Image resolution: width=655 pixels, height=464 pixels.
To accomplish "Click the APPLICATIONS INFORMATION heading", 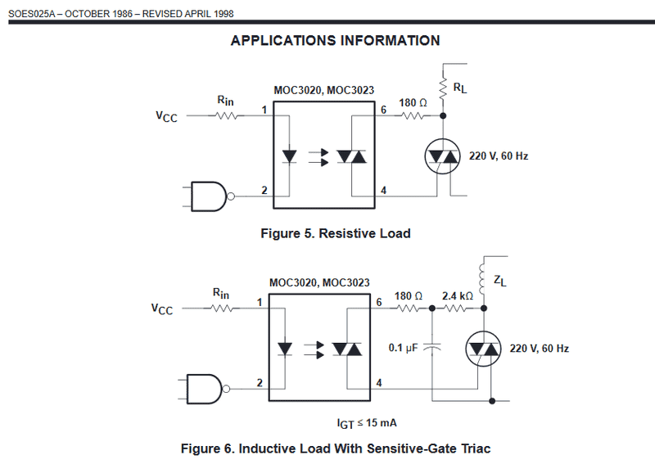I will point(335,40).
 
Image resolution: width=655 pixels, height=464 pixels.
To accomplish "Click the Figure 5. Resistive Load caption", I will point(335,233).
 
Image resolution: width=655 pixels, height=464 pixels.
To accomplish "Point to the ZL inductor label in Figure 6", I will point(499,281).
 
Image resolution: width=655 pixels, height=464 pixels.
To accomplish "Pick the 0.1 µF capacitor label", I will point(404,348).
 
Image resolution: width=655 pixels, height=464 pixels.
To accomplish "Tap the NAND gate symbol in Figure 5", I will point(209,196).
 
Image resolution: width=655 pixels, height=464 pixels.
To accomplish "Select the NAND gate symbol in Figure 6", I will point(205,387).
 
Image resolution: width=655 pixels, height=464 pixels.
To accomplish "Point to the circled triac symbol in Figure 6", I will point(483,349).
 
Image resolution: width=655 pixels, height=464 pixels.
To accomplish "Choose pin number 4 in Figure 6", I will point(378,382).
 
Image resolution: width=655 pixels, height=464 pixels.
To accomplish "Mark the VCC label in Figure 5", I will point(166,117).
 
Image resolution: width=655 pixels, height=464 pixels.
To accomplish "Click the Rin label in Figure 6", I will point(221,293).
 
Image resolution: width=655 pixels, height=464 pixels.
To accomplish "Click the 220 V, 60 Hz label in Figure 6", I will point(540,349).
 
